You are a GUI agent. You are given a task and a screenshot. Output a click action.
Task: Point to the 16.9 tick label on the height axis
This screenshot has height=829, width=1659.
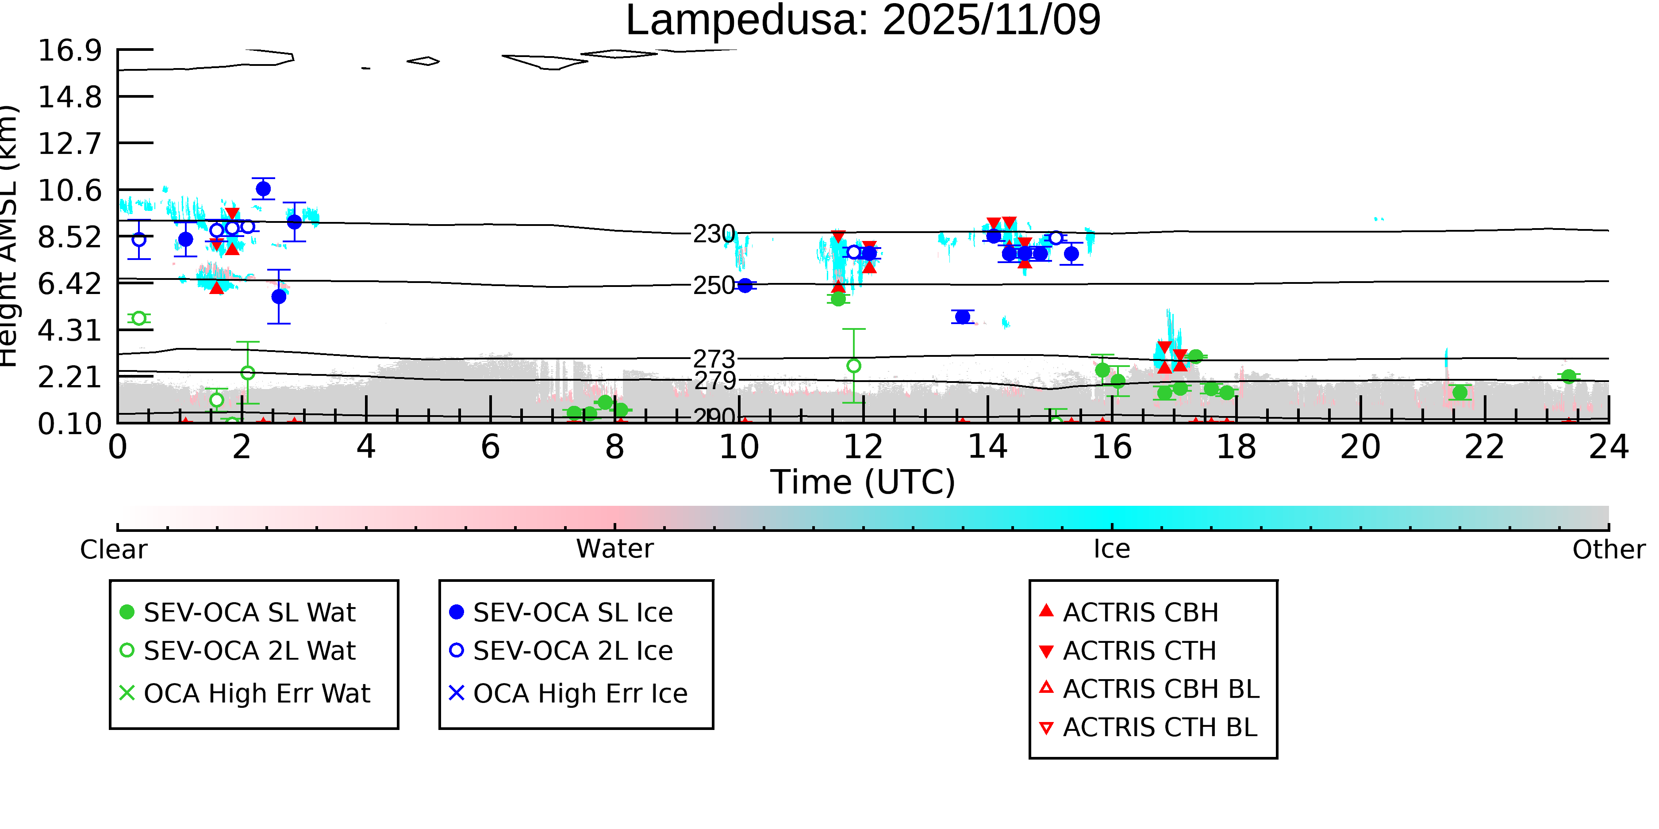coord(69,50)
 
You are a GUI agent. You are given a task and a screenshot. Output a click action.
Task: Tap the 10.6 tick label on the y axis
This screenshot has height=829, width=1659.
coord(69,191)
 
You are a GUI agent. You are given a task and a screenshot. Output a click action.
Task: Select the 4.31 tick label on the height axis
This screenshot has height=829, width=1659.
coord(69,331)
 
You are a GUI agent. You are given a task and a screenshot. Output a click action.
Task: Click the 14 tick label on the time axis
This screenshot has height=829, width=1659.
coord(987,447)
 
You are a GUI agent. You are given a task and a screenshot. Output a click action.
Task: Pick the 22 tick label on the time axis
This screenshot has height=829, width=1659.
coord(1484,447)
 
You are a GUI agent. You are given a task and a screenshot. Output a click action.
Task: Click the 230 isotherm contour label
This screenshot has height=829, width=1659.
coord(714,234)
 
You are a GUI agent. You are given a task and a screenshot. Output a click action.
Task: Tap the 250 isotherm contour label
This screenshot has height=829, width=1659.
coord(714,285)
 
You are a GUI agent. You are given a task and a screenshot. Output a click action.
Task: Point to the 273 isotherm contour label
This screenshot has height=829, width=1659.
coord(714,359)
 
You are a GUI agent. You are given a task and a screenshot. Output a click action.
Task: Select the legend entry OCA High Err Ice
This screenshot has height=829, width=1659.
coord(580,693)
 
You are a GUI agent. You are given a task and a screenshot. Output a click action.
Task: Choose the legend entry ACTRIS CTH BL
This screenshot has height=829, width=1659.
coord(1159,727)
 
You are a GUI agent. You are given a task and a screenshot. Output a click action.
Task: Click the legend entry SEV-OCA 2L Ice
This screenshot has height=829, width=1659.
coord(572,651)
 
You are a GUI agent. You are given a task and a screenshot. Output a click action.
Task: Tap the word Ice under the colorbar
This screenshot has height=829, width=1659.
coord(1112,549)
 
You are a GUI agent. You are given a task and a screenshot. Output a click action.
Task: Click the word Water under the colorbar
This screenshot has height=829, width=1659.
coord(614,549)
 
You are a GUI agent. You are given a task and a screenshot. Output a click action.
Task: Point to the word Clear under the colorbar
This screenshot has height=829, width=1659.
coord(113,550)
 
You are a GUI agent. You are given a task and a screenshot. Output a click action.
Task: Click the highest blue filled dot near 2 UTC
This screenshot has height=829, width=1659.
coord(263,189)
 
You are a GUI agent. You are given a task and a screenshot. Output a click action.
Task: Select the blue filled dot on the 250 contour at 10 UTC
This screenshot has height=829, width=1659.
coord(745,285)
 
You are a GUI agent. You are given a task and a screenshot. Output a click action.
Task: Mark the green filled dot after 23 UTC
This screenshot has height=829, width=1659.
coord(1569,377)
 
